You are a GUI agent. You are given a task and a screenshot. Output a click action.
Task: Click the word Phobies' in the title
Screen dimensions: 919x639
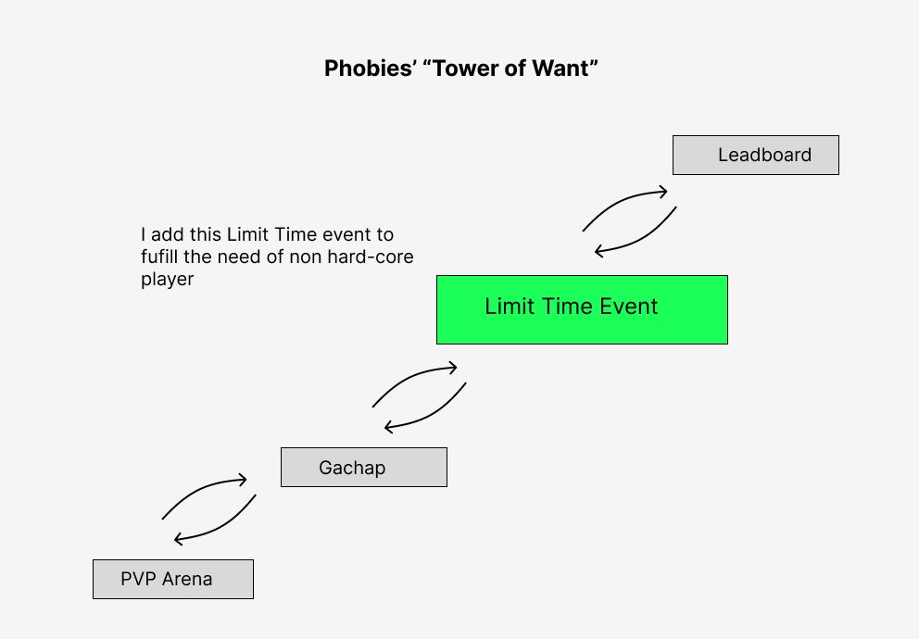[371, 69]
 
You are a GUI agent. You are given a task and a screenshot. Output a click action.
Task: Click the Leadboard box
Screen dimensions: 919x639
[755, 156]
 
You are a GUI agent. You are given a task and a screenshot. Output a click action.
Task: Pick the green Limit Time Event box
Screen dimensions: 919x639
[582, 310]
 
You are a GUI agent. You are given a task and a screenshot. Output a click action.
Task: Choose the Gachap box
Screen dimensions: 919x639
[364, 468]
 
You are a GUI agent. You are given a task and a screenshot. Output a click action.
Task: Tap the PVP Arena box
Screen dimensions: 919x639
[173, 579]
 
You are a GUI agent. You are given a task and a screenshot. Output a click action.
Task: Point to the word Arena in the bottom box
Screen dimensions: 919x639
[187, 579]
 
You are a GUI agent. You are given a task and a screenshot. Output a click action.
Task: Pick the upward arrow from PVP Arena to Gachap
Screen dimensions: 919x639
[200, 488]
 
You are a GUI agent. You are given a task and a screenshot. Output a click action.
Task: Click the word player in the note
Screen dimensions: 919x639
[167, 280]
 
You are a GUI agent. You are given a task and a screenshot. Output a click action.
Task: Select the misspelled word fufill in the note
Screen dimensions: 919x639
[159, 257]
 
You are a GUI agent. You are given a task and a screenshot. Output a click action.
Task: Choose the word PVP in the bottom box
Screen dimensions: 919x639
[138, 579]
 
